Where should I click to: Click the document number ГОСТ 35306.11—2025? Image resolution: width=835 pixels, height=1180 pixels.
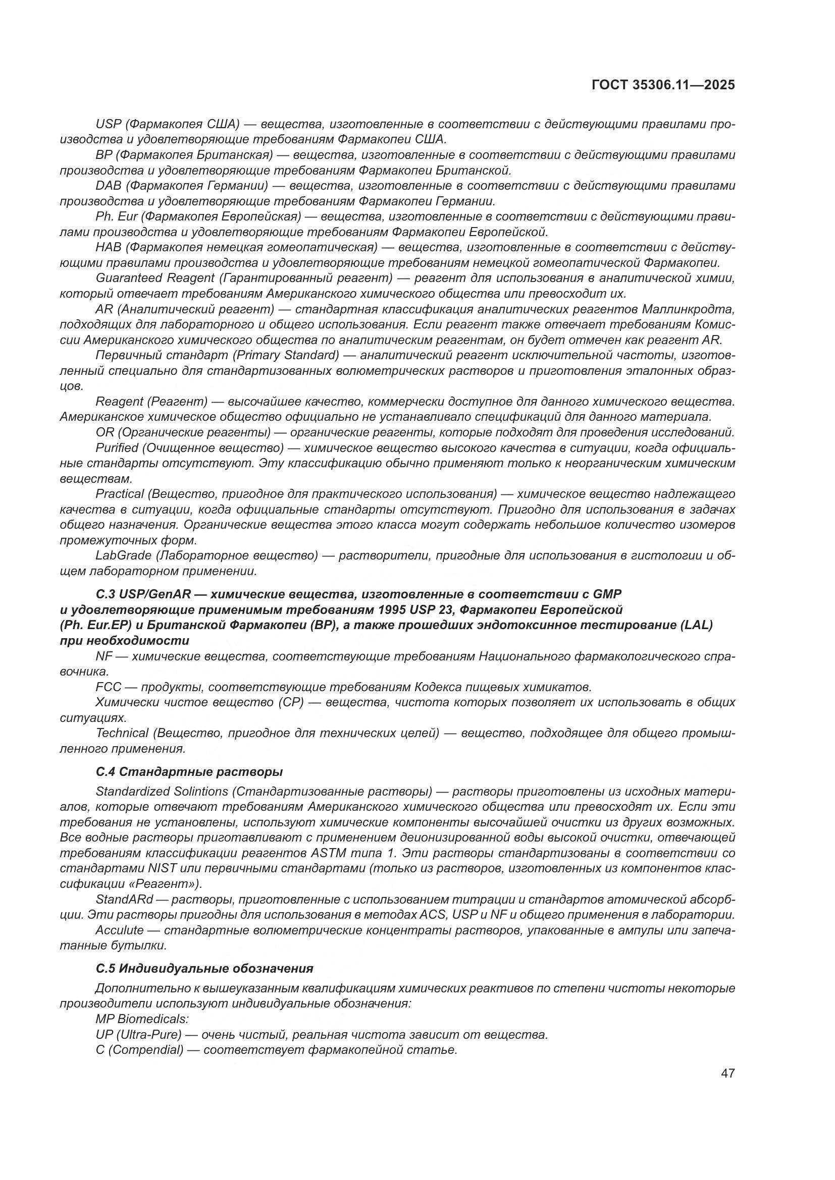click(663, 85)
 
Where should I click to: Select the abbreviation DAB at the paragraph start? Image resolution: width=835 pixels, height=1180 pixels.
click(108, 186)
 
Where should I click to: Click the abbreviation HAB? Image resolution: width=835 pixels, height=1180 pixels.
click(108, 247)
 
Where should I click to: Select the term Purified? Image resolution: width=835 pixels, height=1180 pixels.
click(117, 447)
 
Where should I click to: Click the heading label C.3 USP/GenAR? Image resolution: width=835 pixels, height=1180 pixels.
click(143, 594)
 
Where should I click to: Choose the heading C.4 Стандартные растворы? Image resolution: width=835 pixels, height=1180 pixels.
click(189, 772)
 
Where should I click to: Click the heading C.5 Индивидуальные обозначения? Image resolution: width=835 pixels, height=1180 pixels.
click(204, 969)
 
